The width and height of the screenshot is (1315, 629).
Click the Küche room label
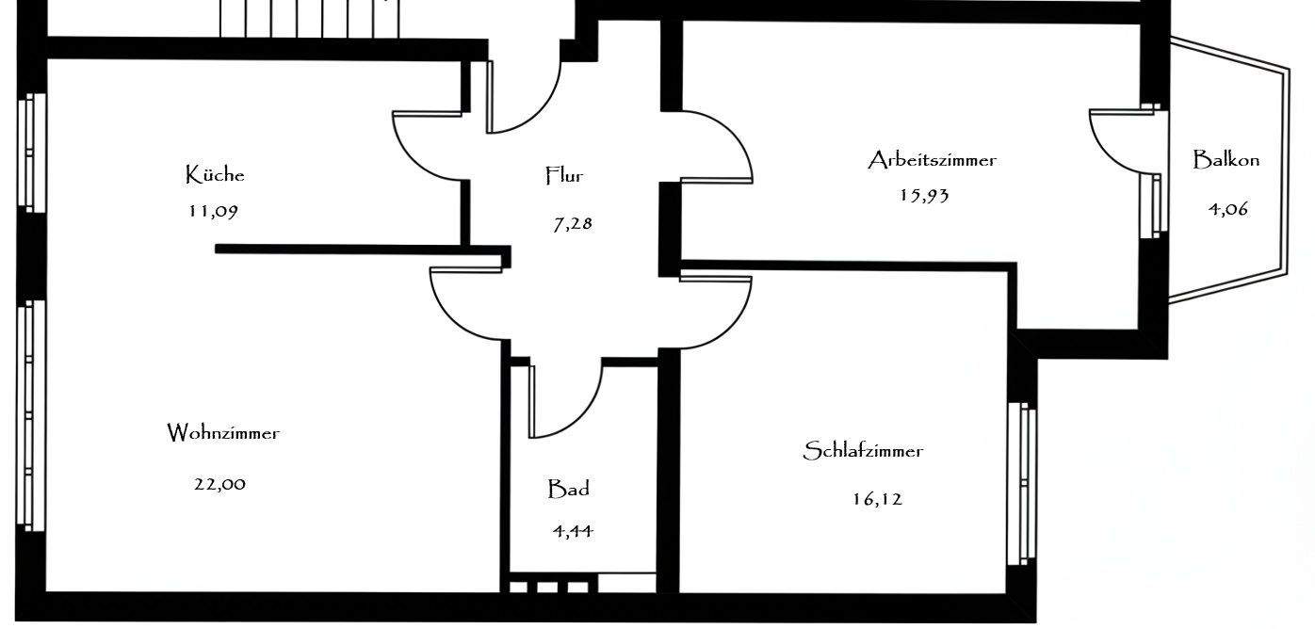pos(215,175)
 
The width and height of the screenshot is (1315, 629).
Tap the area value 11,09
pos(213,211)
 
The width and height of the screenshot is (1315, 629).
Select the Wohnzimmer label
pos(223,434)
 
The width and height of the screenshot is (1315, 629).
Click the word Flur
pos(565,175)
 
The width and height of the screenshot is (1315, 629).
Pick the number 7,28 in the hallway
pos(573,224)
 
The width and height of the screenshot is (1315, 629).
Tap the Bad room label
pos(569,490)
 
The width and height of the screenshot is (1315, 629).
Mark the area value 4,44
pos(573,531)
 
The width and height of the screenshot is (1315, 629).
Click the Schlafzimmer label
pos(863,451)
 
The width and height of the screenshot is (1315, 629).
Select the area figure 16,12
pos(877,499)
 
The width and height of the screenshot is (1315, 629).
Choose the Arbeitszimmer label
pos(932,160)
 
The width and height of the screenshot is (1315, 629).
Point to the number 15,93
pos(924,196)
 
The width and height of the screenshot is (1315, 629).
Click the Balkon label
pos(1226,160)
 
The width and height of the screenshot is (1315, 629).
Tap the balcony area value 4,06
pos(1228,209)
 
